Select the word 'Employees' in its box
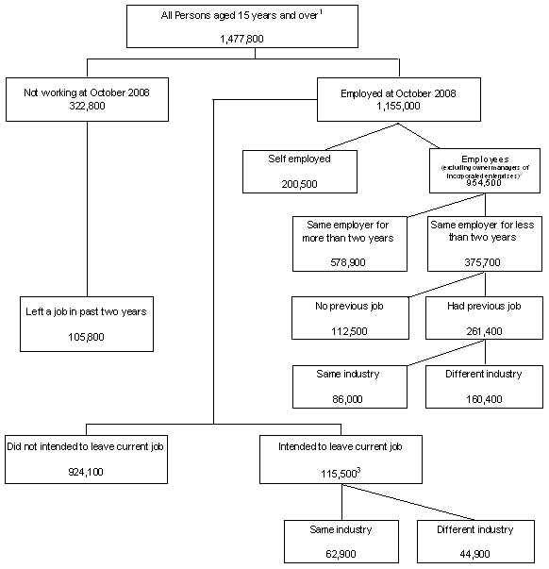(x=484, y=156)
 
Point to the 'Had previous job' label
(x=484, y=306)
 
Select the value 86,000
(x=349, y=398)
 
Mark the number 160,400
(x=484, y=398)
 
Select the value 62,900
(x=341, y=553)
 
